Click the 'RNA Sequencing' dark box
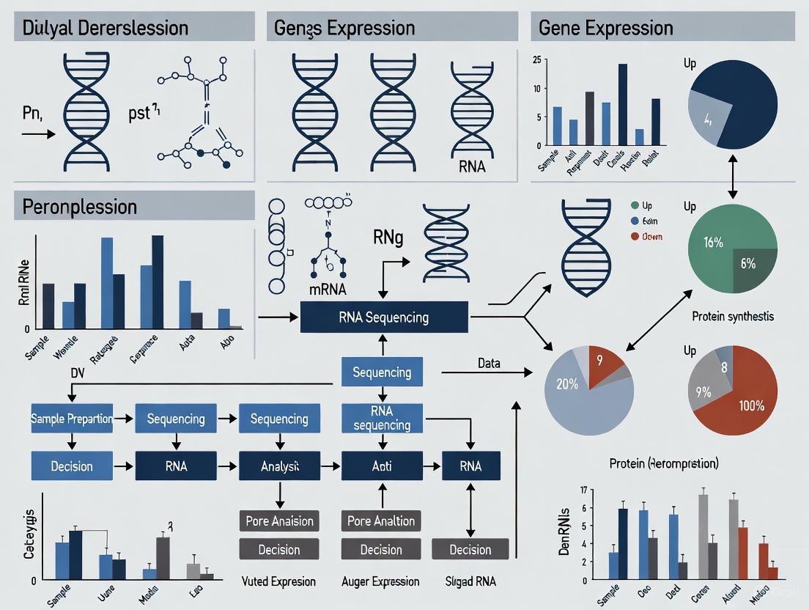click(x=384, y=317)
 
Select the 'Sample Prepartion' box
click(x=72, y=419)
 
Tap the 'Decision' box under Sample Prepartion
click(x=72, y=466)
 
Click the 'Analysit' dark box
click(x=279, y=466)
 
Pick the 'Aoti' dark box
click(x=382, y=466)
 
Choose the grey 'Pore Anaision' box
click(x=279, y=521)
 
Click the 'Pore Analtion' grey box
click(x=382, y=521)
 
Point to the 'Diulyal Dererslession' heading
click(x=106, y=29)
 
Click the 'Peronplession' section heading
click(x=81, y=207)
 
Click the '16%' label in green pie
click(x=713, y=243)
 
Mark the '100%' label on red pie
click(x=751, y=405)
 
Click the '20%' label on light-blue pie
click(x=566, y=384)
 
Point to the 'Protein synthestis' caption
click(x=732, y=317)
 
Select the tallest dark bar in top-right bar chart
click(x=623, y=104)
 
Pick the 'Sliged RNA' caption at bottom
click(x=471, y=581)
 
